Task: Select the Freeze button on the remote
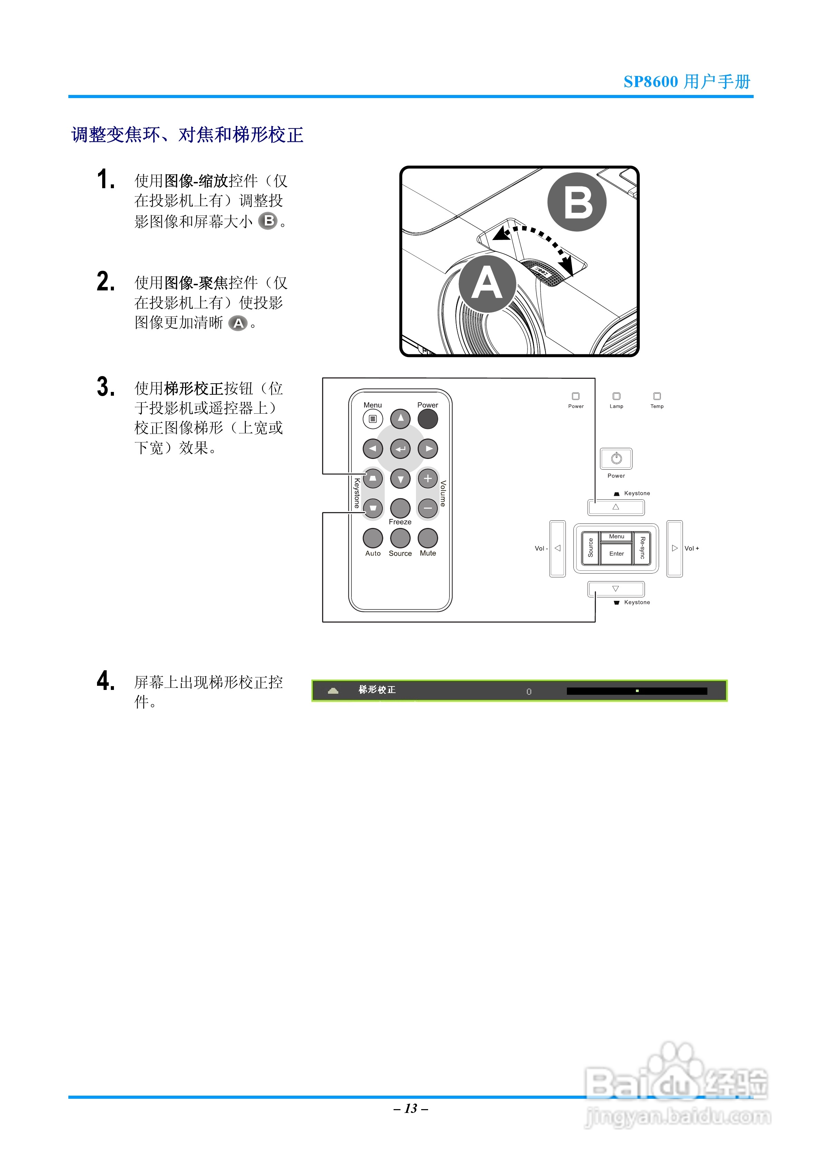tap(400, 508)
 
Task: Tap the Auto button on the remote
tap(373, 538)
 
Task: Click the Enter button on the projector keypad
tap(616, 554)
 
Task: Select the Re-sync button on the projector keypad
tap(642, 548)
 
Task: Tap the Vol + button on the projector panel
tap(674, 548)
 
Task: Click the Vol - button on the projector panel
tap(558, 548)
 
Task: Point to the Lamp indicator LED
tap(616, 396)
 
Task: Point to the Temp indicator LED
tap(657, 396)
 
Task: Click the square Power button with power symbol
tap(616, 459)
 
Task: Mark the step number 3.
tap(105, 387)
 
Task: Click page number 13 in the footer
tap(411, 1108)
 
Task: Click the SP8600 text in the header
tap(650, 81)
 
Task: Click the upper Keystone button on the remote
tap(373, 478)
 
